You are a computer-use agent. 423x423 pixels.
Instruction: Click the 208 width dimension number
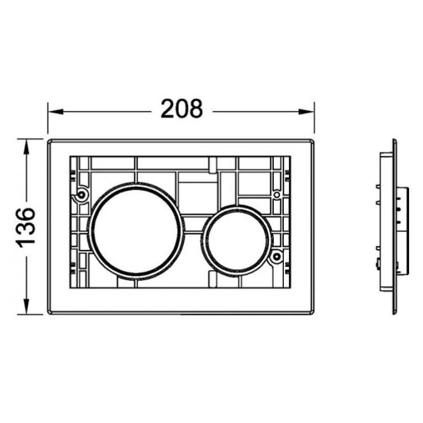tap(181, 109)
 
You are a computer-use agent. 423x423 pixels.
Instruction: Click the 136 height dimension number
tap(26, 227)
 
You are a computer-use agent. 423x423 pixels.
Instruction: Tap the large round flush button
tap(136, 232)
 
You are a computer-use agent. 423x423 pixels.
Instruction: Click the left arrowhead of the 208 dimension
tap(55, 111)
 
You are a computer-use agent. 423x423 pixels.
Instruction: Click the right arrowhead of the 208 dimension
tap(307, 111)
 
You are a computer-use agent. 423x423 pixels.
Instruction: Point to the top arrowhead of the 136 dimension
tap(26, 147)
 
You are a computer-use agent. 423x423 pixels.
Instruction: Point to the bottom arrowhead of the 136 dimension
tap(26, 307)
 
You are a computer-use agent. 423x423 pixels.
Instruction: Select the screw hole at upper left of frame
tap(80, 194)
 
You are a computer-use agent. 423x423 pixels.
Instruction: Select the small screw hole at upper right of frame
tap(276, 194)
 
